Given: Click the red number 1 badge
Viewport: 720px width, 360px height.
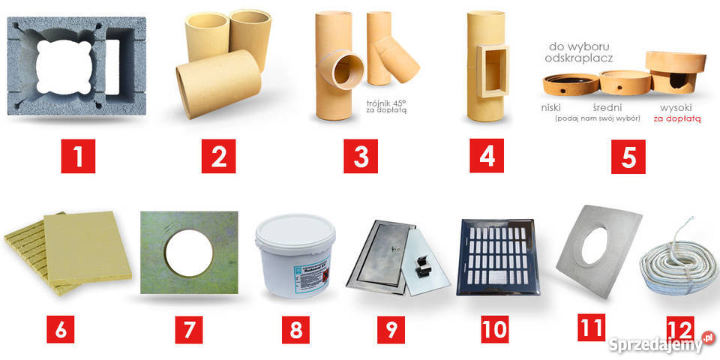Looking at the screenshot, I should [78, 158].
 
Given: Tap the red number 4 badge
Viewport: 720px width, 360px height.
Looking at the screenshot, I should [487, 158].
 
